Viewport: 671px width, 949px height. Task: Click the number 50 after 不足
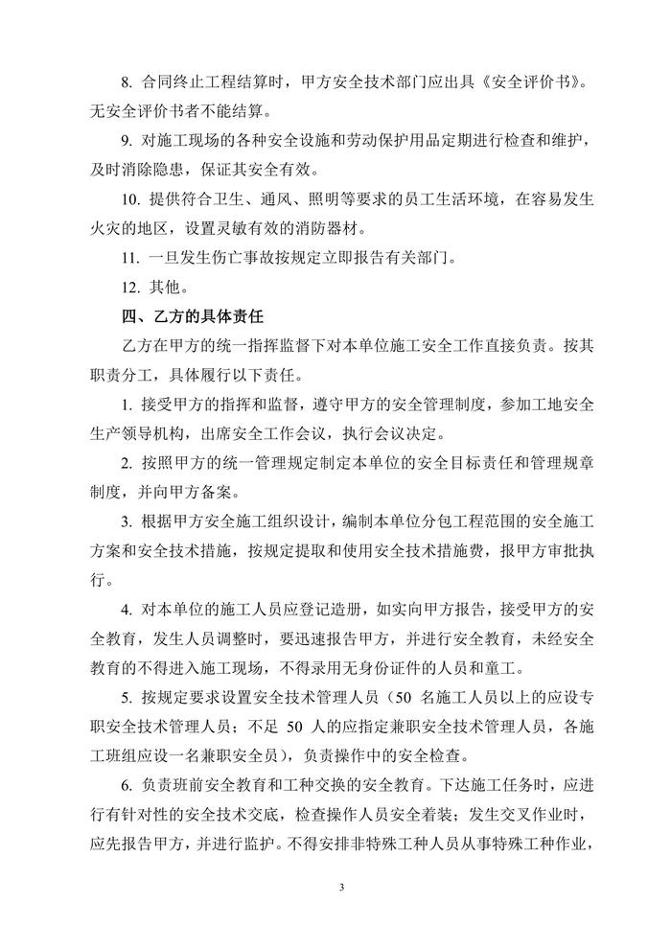(x=297, y=729)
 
